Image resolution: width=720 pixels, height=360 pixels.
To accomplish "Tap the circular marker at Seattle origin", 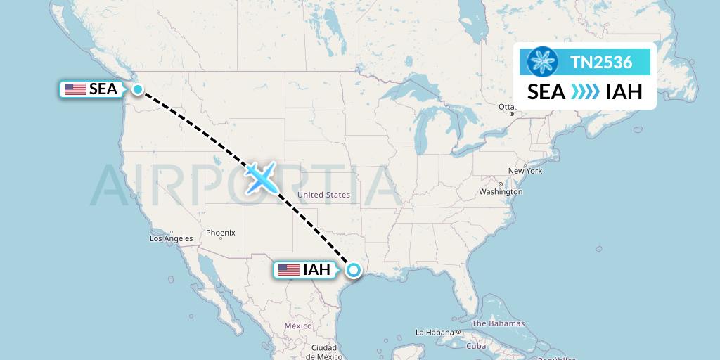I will [138, 89].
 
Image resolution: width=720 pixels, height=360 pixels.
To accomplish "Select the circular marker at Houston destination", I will [353, 269].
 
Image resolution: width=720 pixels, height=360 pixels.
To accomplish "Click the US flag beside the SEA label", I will [75, 89].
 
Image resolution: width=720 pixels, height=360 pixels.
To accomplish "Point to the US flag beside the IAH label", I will [288, 269].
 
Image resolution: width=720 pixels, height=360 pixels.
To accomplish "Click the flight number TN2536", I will [601, 62].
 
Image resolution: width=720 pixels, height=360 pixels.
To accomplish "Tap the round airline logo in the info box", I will [542, 62].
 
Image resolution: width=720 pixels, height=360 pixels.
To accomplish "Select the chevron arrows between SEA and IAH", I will [585, 92].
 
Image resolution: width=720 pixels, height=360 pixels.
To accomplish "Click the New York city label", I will [525, 171].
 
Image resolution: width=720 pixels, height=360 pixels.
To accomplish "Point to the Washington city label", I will [501, 191].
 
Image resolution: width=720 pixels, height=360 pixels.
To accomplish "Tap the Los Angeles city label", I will [171, 238].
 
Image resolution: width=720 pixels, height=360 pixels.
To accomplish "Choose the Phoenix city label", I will [220, 233].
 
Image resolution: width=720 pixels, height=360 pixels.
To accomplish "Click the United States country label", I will [323, 195].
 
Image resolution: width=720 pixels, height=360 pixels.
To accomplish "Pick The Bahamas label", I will [498, 323].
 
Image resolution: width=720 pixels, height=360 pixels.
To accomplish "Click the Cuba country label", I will [477, 346].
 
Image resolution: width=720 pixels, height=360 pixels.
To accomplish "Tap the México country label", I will [298, 326].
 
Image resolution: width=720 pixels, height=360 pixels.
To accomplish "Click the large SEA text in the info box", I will [546, 92].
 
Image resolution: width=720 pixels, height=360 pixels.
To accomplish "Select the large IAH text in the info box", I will [624, 92].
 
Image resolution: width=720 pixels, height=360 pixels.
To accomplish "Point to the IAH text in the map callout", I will [316, 269].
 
